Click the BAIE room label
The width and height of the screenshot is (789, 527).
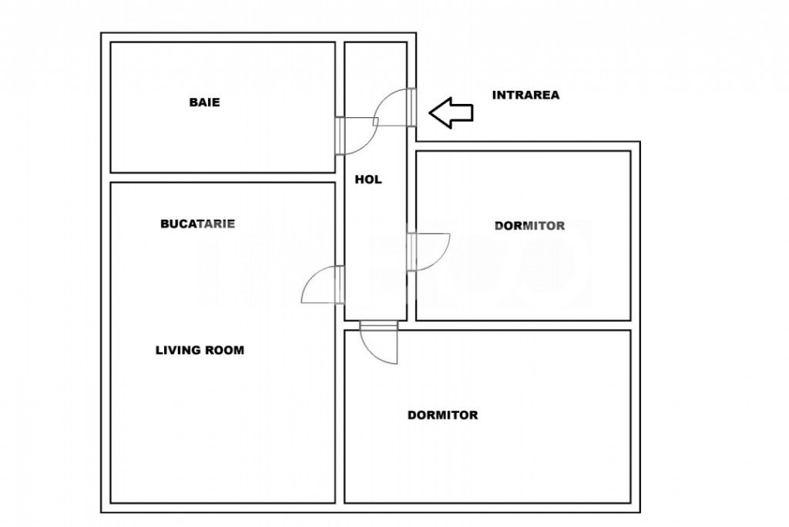[204, 102]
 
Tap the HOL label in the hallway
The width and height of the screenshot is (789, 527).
[368, 180]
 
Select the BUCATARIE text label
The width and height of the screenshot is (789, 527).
[198, 224]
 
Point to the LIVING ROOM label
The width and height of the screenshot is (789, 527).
[200, 351]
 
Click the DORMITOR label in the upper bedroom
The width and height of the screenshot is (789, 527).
[530, 226]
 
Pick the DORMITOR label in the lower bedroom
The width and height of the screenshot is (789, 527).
[443, 415]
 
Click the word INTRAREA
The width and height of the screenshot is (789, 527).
[525, 95]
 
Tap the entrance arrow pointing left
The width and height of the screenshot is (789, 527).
[451, 112]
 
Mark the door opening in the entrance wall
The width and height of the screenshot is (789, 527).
[411, 107]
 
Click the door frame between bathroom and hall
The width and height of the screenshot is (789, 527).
[340, 136]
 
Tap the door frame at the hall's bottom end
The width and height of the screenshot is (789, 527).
[379, 325]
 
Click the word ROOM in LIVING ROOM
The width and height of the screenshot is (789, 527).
[224, 351]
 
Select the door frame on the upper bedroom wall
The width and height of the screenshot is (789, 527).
[411, 252]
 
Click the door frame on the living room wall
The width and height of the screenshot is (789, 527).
[340, 285]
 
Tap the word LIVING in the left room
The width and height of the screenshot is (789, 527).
[178, 351]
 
